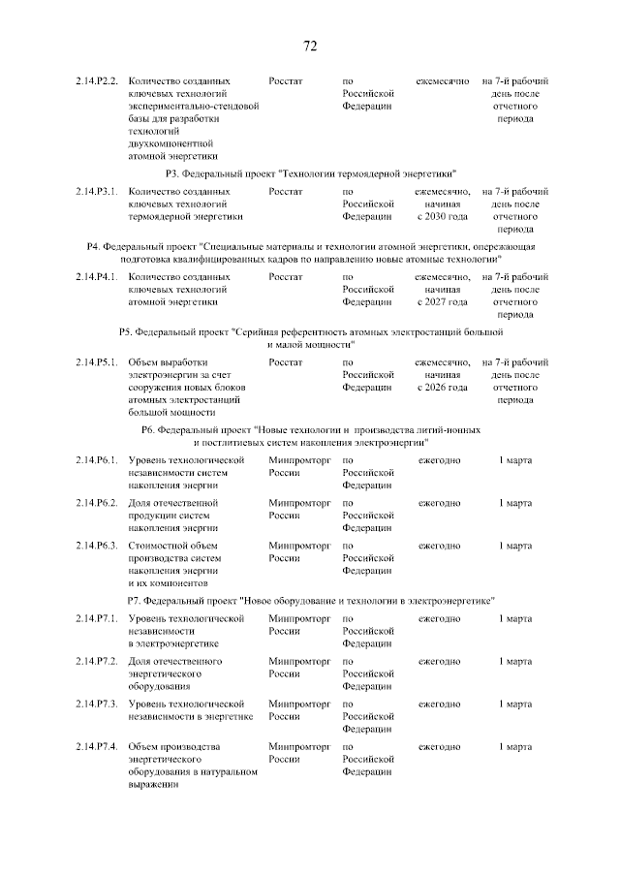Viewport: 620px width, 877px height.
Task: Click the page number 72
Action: [x=310, y=47]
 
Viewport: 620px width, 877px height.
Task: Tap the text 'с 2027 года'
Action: [x=442, y=301]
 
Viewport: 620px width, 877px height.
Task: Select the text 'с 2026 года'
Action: [x=442, y=387]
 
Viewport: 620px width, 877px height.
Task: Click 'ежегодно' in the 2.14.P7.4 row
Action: [x=439, y=747]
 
